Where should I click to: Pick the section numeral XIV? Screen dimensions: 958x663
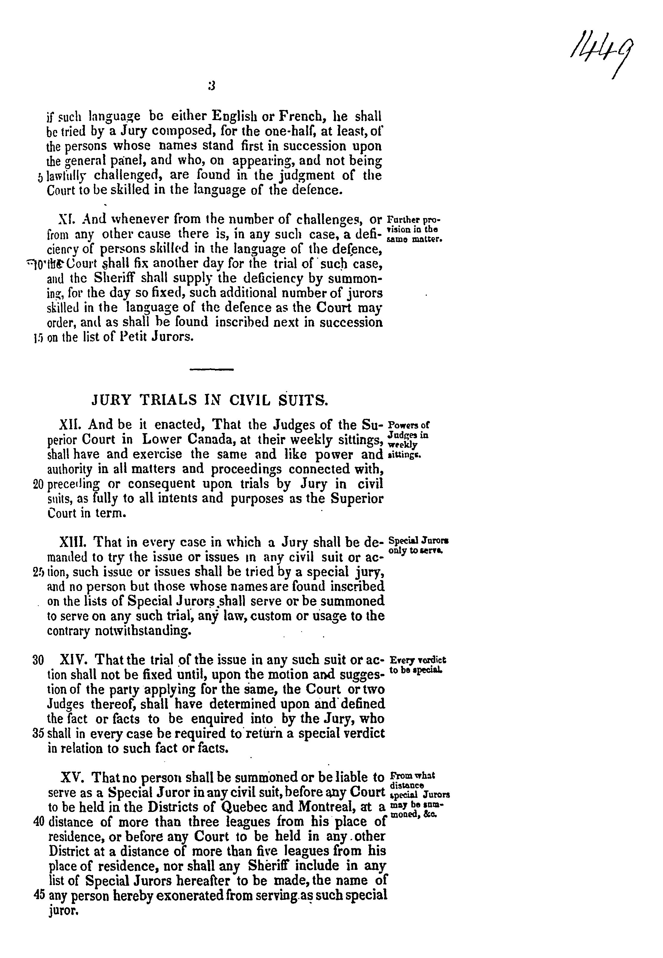click(73, 660)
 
